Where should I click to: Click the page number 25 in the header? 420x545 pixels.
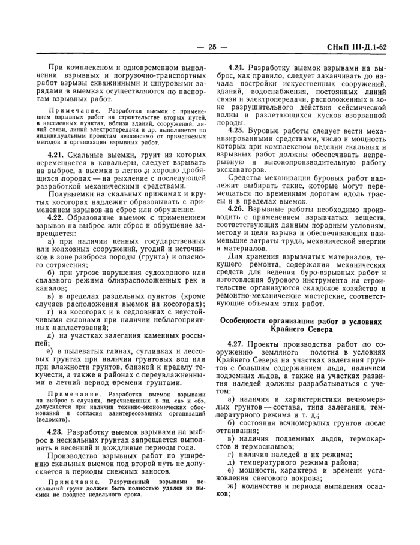210,47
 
